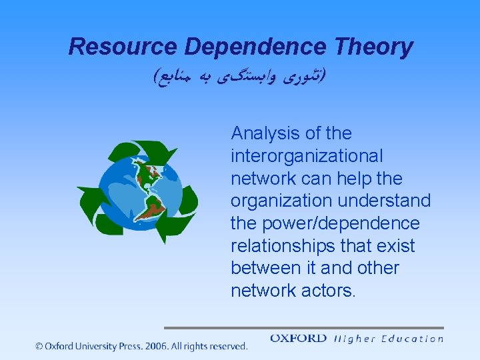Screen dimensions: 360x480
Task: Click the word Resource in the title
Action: [x=123, y=47]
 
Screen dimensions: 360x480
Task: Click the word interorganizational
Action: [x=307, y=156]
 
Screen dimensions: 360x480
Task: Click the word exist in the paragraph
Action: [x=397, y=246]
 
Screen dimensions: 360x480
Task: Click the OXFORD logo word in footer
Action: [x=298, y=339]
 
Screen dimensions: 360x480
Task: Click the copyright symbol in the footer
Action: [x=40, y=346]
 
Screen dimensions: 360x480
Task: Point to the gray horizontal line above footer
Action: [x=303, y=327]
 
